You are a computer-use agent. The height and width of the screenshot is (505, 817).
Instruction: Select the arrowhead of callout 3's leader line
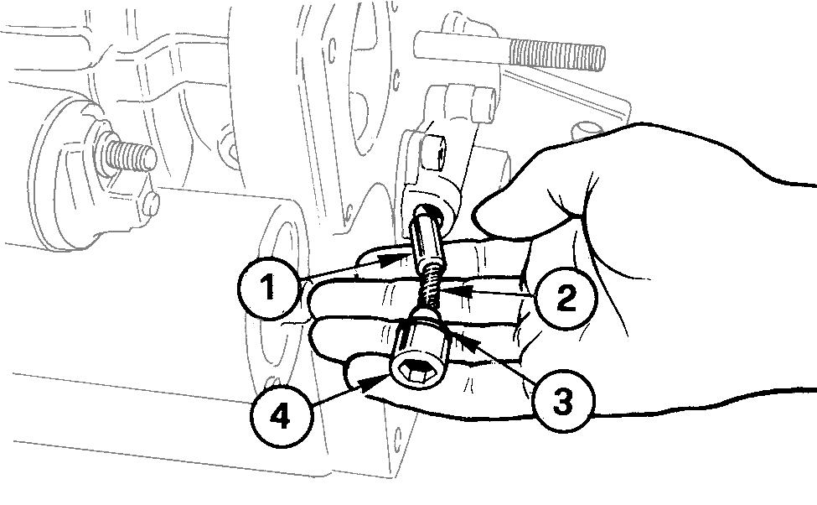[452, 336]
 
